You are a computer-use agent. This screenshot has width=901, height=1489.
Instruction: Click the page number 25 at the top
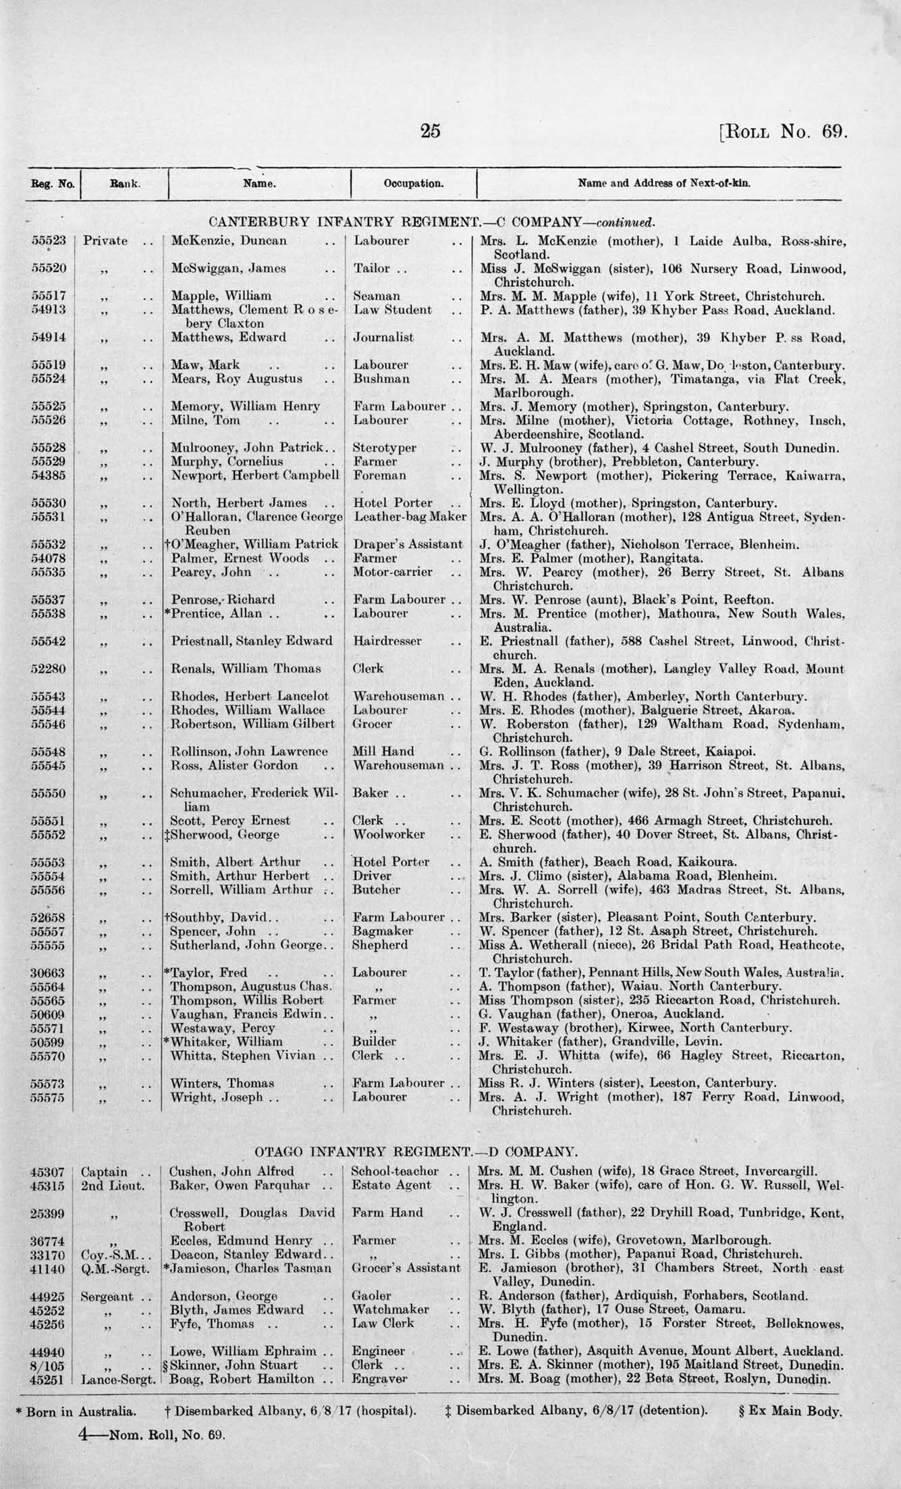[x=430, y=130]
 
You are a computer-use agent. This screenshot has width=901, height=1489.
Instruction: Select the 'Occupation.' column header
[x=414, y=183]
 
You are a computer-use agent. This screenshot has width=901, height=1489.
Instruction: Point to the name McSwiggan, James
[x=228, y=269]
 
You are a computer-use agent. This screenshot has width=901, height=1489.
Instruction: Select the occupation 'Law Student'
[x=392, y=310]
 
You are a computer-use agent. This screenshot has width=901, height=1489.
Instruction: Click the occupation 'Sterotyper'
[x=385, y=448]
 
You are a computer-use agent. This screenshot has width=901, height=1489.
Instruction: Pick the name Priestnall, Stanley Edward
[x=251, y=641]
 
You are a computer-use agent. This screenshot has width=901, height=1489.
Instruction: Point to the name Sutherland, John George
[x=246, y=945]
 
